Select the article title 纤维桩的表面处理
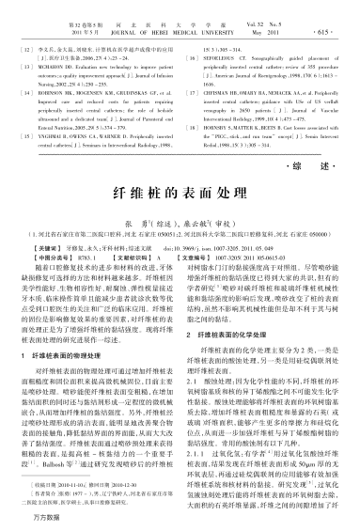tap(180, 190)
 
